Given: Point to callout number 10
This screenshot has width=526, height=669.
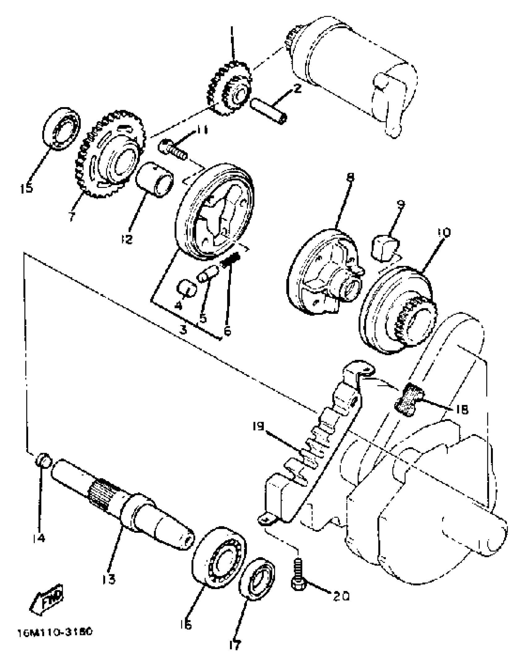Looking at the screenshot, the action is pyautogui.click(x=443, y=232).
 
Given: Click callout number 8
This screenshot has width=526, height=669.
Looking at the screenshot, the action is pyautogui.click(x=350, y=177).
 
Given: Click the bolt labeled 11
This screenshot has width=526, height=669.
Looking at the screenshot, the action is pyautogui.click(x=172, y=150).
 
